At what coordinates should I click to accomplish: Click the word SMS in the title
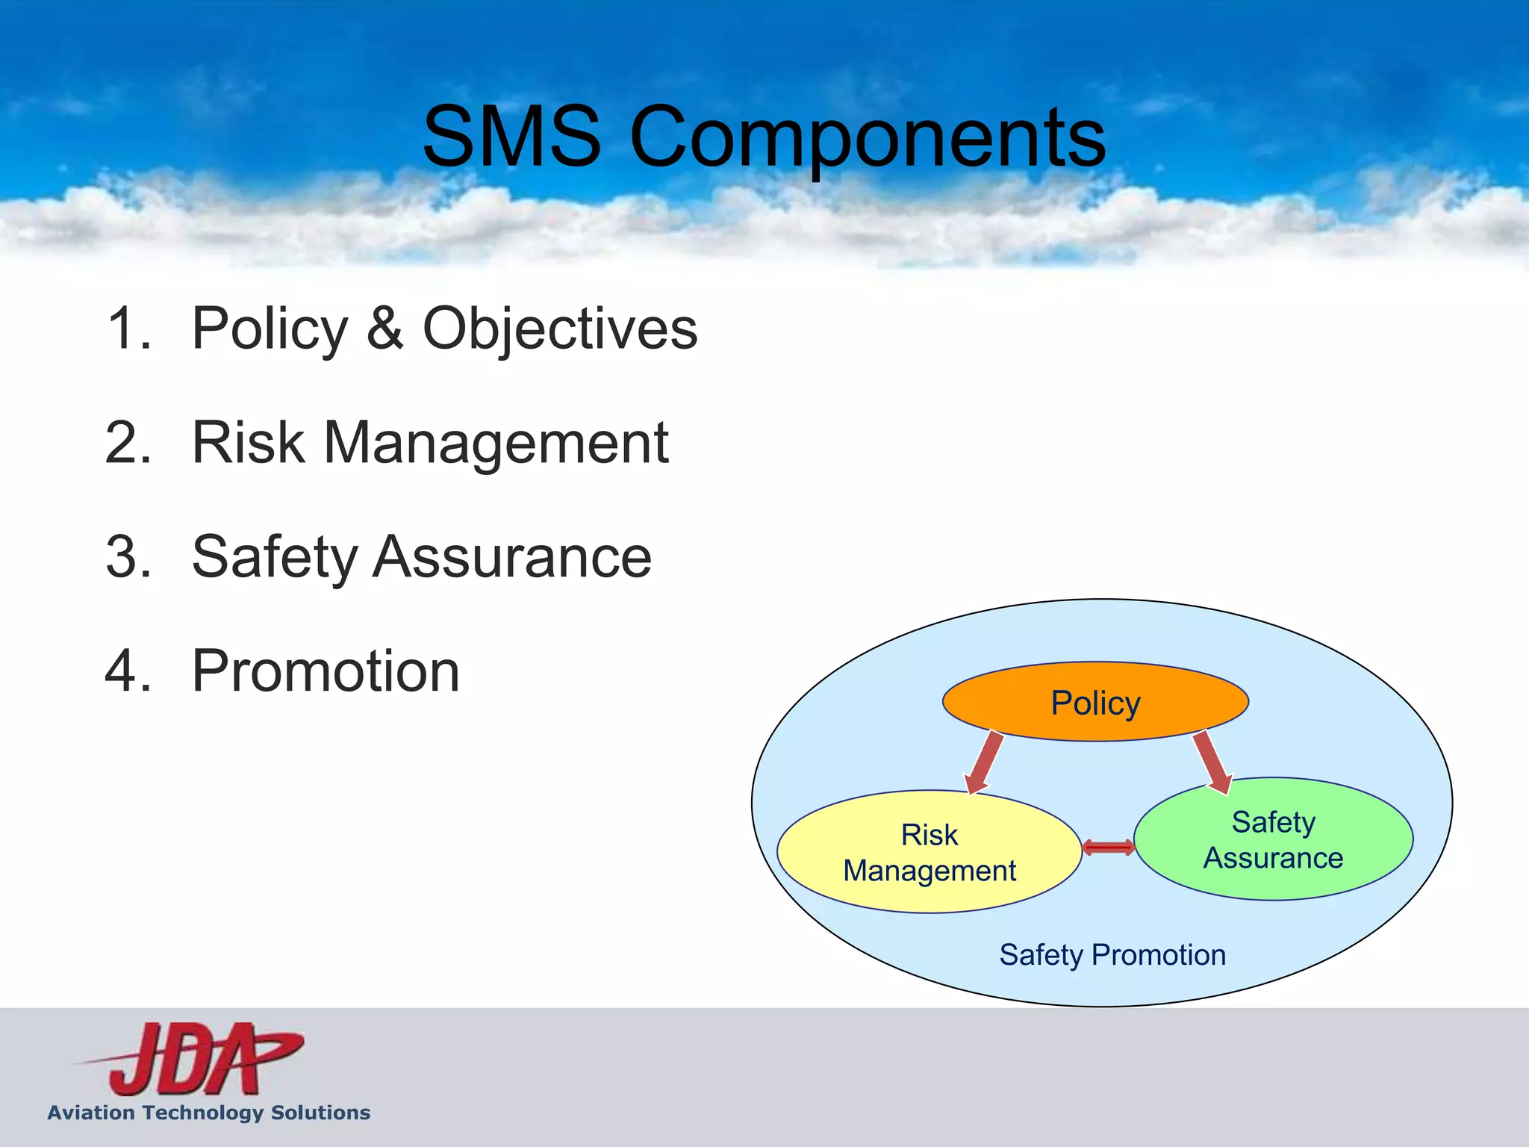pyautogui.click(x=512, y=137)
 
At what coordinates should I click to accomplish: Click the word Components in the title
pyautogui.click(x=868, y=139)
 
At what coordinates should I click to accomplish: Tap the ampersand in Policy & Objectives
pyautogui.click(x=385, y=329)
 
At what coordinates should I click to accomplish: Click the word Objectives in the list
pyautogui.click(x=560, y=329)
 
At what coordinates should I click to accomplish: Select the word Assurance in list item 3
pyautogui.click(x=512, y=557)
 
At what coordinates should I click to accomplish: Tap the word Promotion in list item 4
pyautogui.click(x=326, y=671)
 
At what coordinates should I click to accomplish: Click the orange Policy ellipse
pyautogui.click(x=1095, y=702)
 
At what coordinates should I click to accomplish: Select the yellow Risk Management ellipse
pyautogui.click(x=929, y=852)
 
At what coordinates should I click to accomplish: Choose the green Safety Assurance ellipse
pyautogui.click(x=1273, y=839)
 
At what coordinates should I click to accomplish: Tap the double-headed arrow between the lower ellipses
pyautogui.click(x=1108, y=847)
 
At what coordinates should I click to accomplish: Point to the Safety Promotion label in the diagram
pyautogui.click(x=1112, y=955)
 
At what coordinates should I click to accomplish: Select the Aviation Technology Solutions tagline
pyautogui.click(x=209, y=1113)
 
